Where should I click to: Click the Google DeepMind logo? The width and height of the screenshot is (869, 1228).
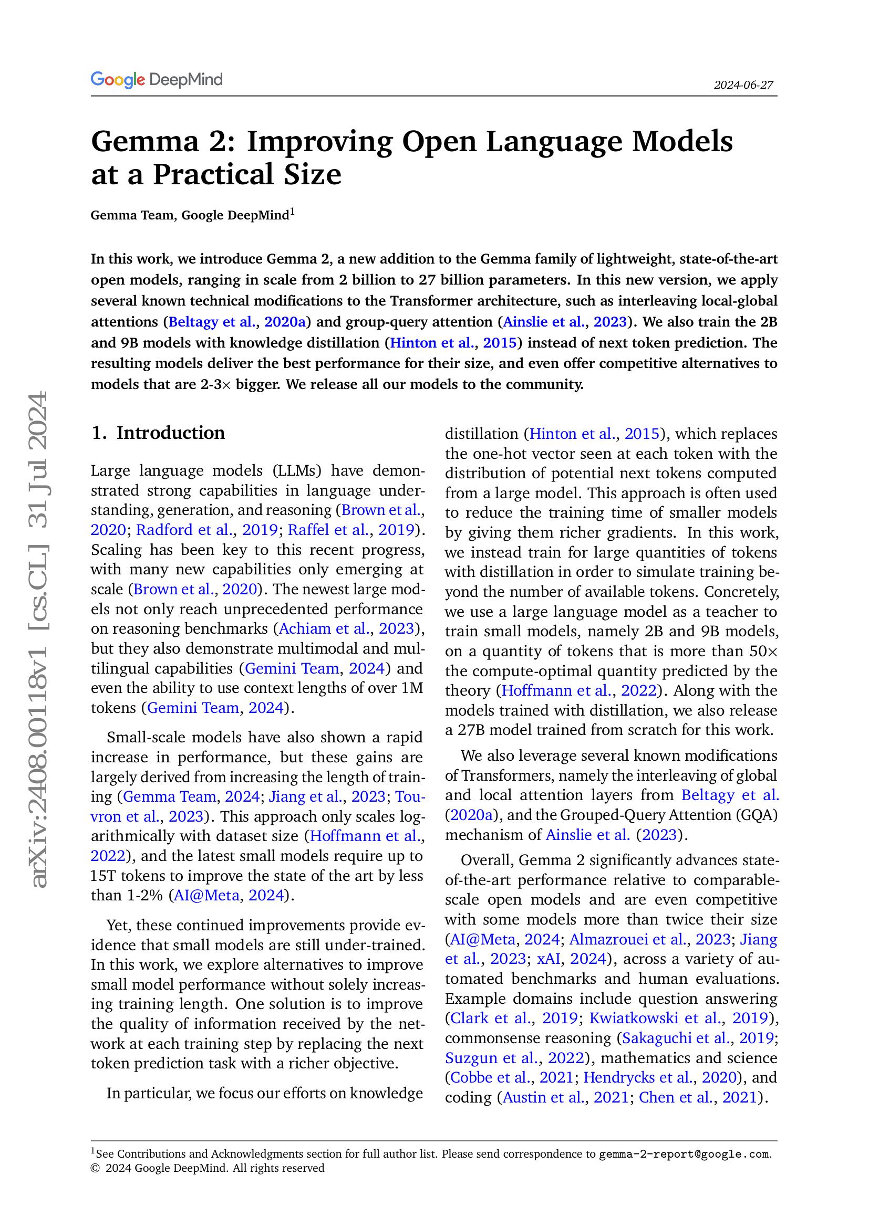(156, 80)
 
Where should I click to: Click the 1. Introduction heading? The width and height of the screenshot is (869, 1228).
(158, 433)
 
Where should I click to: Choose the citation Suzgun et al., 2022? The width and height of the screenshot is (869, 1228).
(514, 1057)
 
